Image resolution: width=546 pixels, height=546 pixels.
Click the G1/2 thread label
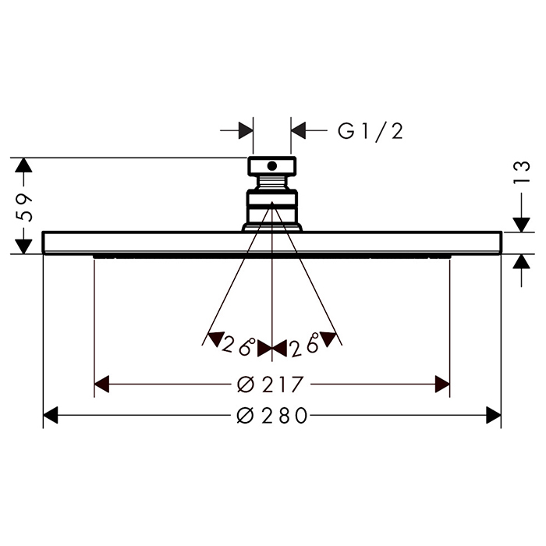tap(370, 131)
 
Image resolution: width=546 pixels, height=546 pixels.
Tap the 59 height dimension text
tap(24, 208)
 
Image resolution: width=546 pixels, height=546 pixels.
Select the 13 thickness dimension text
tap(521, 172)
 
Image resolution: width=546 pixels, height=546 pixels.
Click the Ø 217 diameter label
tap(270, 384)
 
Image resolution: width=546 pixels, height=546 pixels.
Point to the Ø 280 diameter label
tap(272, 415)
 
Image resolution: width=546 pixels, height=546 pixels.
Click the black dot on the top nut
tap(272, 166)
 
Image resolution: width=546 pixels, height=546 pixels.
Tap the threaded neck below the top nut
tap(272, 183)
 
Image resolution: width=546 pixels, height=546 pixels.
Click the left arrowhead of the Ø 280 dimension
tap(50, 415)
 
